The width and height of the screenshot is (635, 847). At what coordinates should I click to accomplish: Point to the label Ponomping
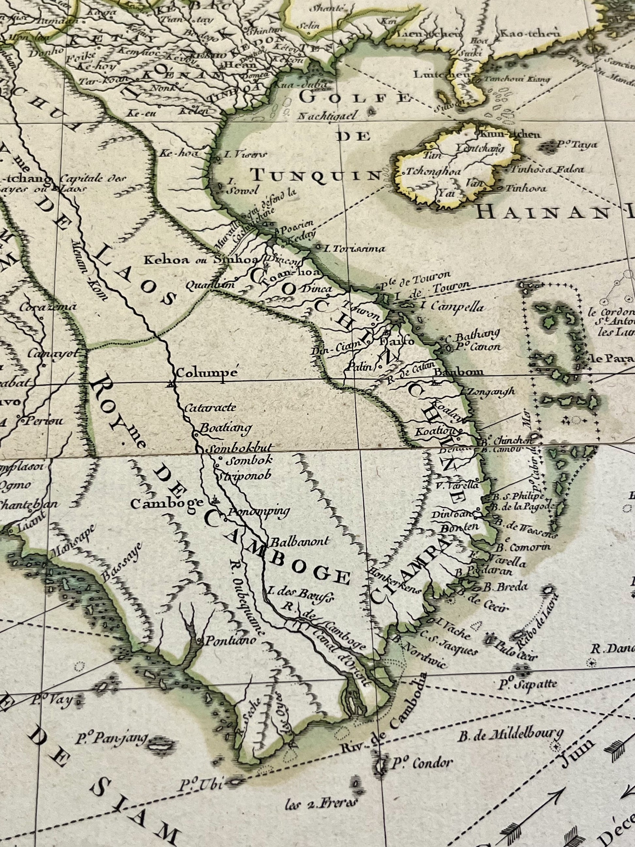tap(259, 511)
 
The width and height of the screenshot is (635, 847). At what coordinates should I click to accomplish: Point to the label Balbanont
tap(299, 541)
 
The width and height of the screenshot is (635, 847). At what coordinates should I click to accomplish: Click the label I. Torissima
tap(354, 249)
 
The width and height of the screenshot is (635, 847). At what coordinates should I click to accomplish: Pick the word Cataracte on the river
tap(210, 407)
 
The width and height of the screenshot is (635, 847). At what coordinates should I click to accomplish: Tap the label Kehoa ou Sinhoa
tap(183, 260)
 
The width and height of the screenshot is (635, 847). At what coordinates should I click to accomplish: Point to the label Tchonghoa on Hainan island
tap(434, 172)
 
